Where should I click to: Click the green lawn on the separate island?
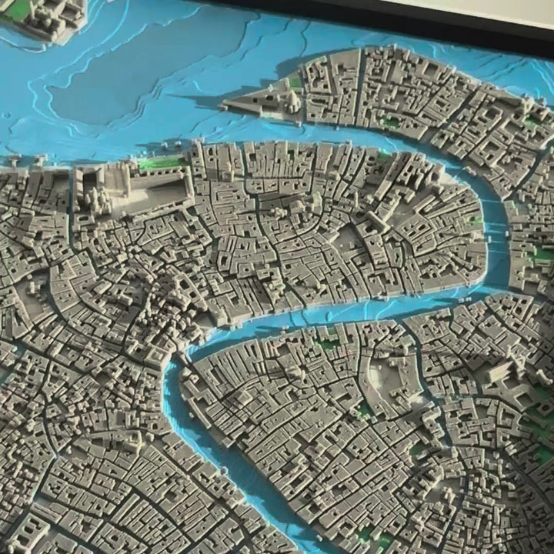pyautogui.click(x=17, y=9)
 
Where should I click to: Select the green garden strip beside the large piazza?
pyautogui.click(x=162, y=163)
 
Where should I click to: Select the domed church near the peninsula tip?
pyautogui.click(x=293, y=98)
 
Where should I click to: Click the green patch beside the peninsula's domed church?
pyautogui.click(x=295, y=81)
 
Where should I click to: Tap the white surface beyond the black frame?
pyautogui.click(x=500, y=9)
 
